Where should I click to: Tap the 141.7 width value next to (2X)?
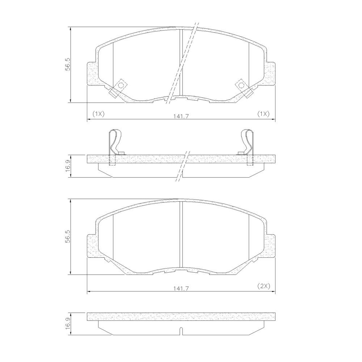point(181,288)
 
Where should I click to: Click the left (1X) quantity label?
point(98,114)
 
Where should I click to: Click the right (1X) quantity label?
point(263,114)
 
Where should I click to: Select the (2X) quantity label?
point(264,286)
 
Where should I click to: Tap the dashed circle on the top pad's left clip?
point(120,85)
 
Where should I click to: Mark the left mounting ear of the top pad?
point(91,74)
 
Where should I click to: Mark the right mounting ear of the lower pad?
point(271,246)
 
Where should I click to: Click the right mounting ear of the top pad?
point(271,74)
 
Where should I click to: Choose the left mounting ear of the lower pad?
point(91,246)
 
